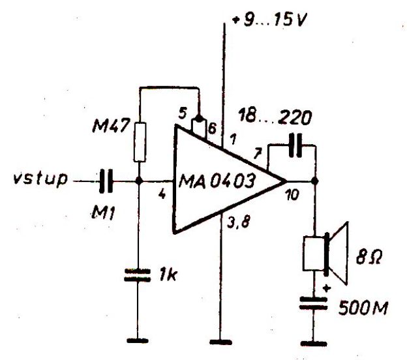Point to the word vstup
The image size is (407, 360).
tap(38, 177)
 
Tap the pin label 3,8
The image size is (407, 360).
tap(239, 226)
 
